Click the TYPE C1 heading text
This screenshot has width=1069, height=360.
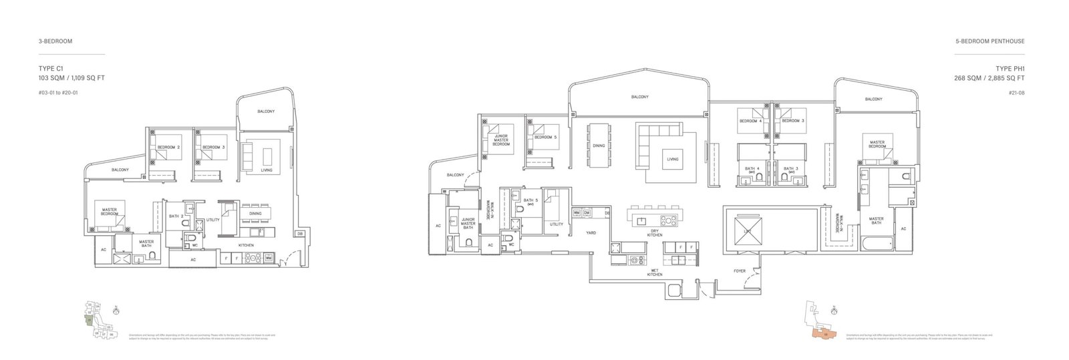tap(51, 68)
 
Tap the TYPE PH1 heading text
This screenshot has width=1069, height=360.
tap(1010, 68)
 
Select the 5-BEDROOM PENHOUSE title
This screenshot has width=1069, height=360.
tap(989, 41)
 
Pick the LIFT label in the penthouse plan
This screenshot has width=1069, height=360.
tap(746, 230)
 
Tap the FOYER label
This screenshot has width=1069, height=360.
tap(739, 271)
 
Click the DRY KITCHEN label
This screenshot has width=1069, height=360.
tap(655, 234)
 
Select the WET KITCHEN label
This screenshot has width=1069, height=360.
tap(655, 273)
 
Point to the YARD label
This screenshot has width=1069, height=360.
tap(591, 233)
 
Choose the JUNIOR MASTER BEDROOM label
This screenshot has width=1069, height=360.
tap(501, 140)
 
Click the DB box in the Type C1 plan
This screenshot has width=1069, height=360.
tap(300, 233)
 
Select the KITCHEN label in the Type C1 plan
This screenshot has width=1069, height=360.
tap(247, 245)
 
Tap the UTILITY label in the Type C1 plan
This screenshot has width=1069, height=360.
tap(213, 219)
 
